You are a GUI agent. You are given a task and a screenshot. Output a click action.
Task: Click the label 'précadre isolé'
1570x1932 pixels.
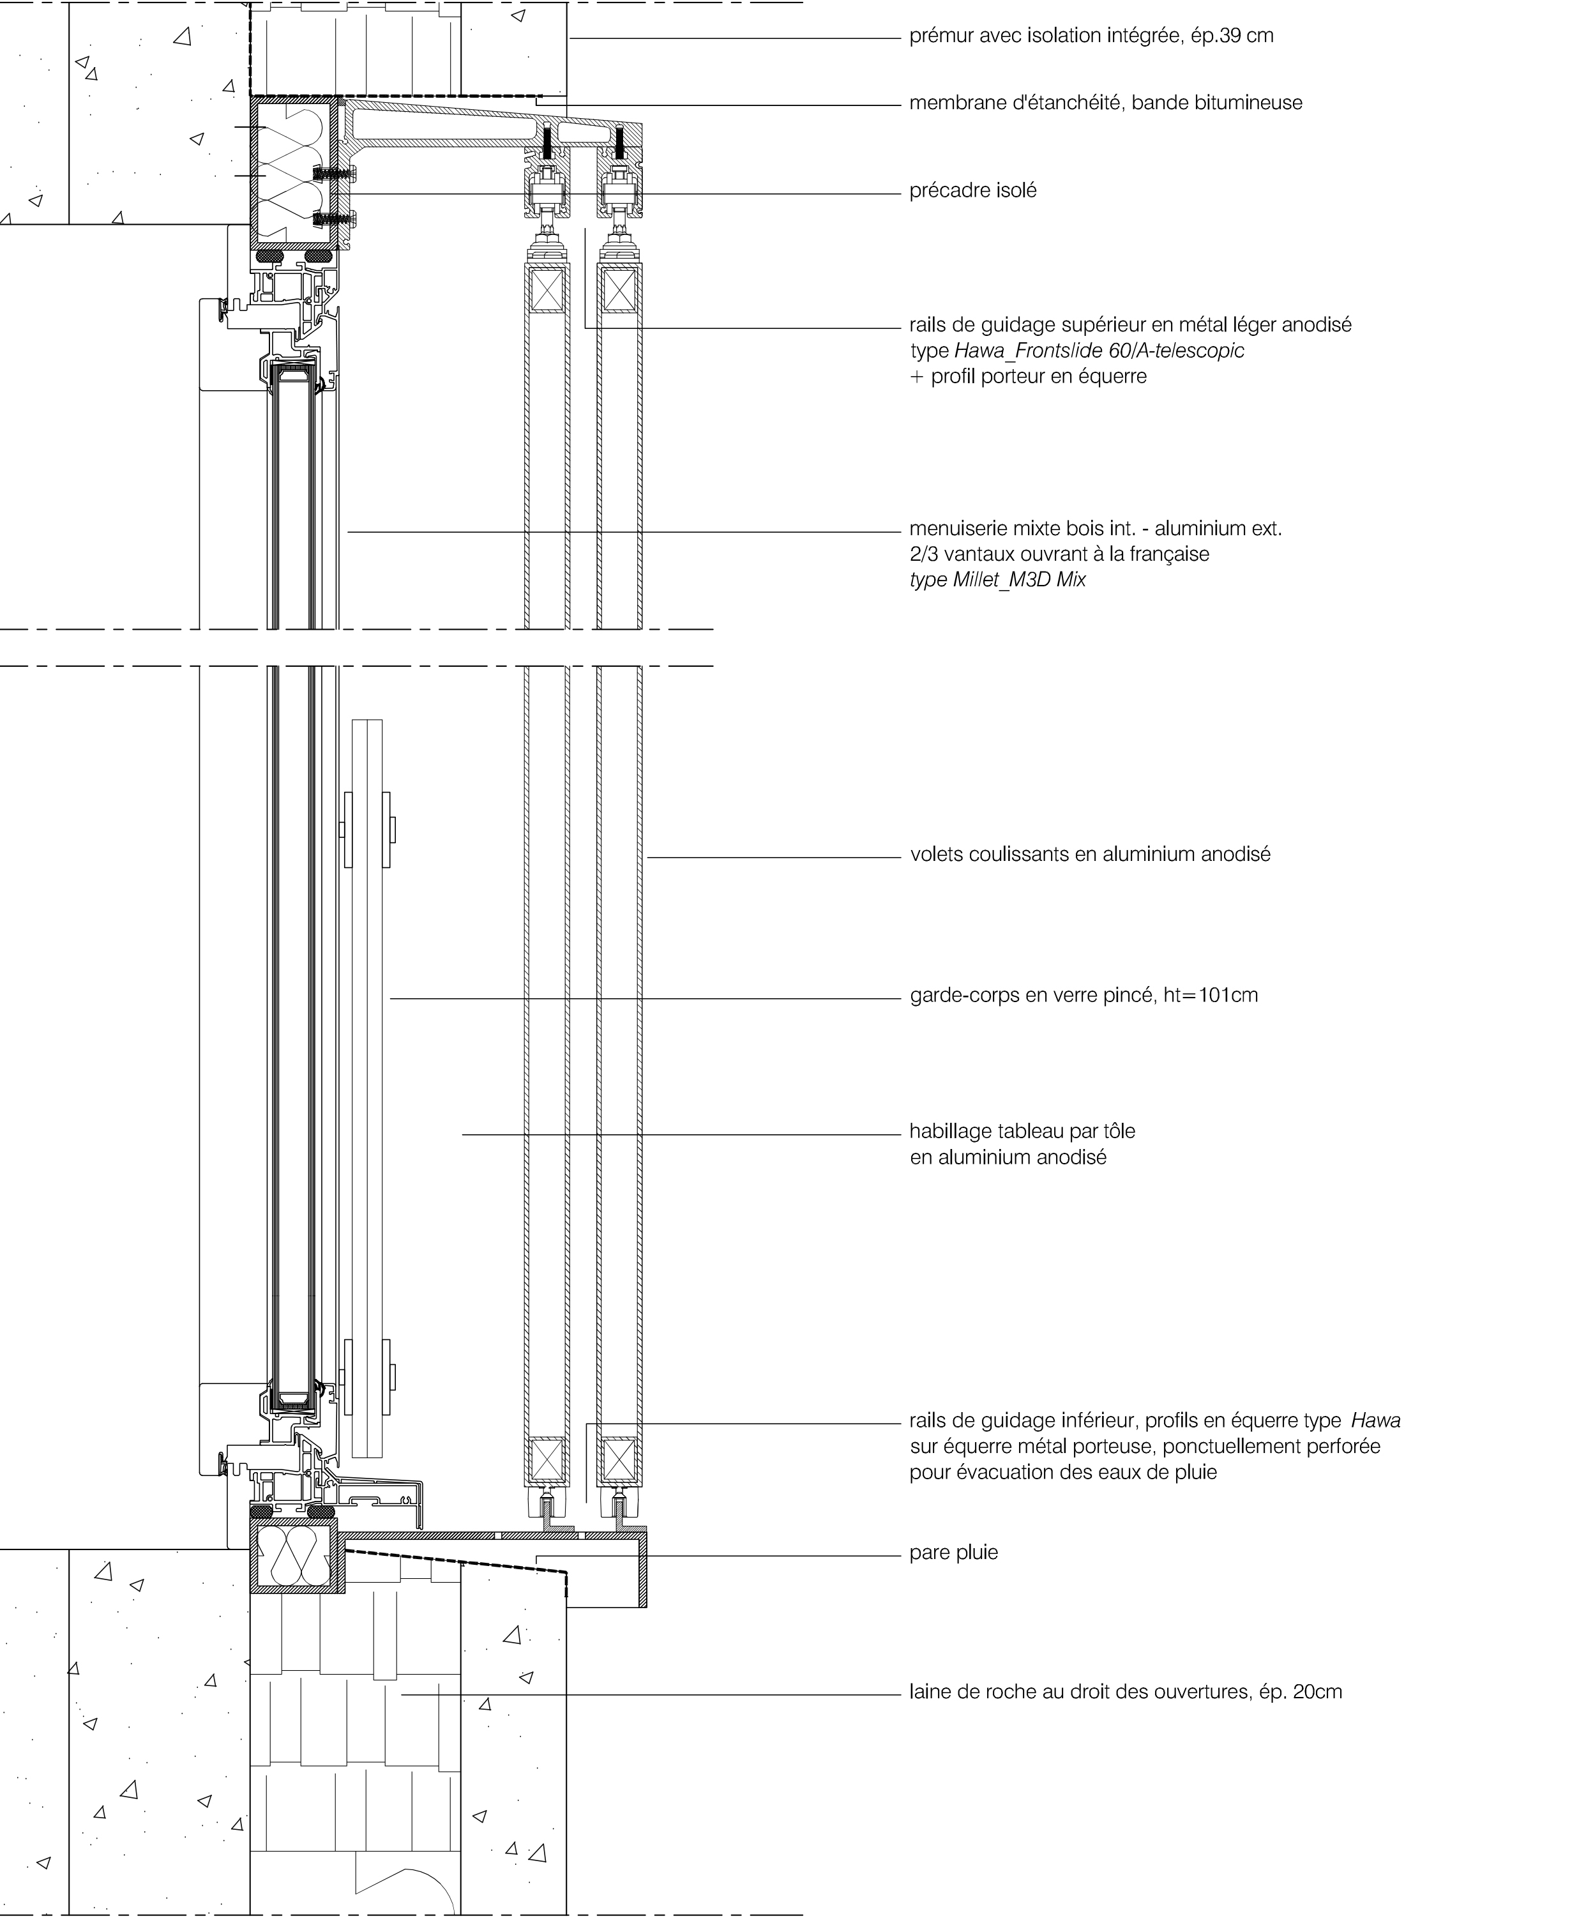(x=973, y=191)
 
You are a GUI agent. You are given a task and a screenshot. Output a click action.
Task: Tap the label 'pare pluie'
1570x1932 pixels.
(x=954, y=1553)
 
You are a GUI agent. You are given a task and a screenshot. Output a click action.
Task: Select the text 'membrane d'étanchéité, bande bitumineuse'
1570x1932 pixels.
(x=1106, y=103)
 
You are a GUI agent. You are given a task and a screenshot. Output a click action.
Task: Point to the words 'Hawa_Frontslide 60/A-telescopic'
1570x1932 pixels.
(x=1099, y=351)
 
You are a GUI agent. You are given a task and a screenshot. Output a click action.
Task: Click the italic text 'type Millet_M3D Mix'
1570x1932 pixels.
(x=997, y=580)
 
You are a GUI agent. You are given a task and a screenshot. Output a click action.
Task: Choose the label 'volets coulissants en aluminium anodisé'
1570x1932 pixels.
(x=1091, y=855)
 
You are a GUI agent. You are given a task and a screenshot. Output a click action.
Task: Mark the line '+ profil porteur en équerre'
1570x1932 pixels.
(x=1029, y=376)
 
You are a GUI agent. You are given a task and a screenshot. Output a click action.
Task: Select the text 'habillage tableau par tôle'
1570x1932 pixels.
(x=1023, y=1132)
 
